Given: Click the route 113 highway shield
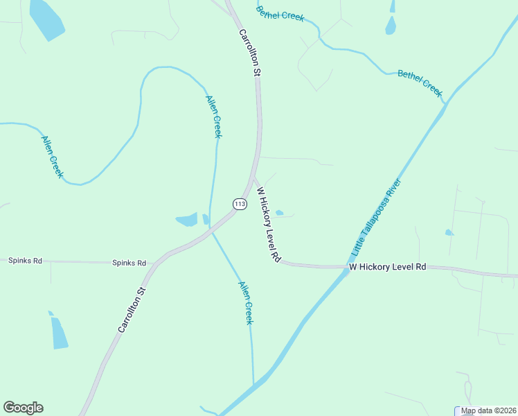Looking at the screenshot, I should click(240, 204).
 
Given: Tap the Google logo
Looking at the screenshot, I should click(23, 408).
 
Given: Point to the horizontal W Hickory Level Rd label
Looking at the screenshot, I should click(387, 267).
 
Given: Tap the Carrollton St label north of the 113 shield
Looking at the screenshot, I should click(249, 52).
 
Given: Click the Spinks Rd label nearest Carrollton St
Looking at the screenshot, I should click(130, 263).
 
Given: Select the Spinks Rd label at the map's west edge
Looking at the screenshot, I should click(25, 261).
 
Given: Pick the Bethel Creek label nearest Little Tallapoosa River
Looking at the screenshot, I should click(420, 83).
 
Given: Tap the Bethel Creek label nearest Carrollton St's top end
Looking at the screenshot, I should click(280, 13).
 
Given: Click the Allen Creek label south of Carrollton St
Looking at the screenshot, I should click(245, 303).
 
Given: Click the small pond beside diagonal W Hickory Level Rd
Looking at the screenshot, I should click(279, 213).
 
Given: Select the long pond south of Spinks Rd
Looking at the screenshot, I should click(60, 332).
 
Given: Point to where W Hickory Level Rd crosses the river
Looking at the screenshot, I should click(344, 268).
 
